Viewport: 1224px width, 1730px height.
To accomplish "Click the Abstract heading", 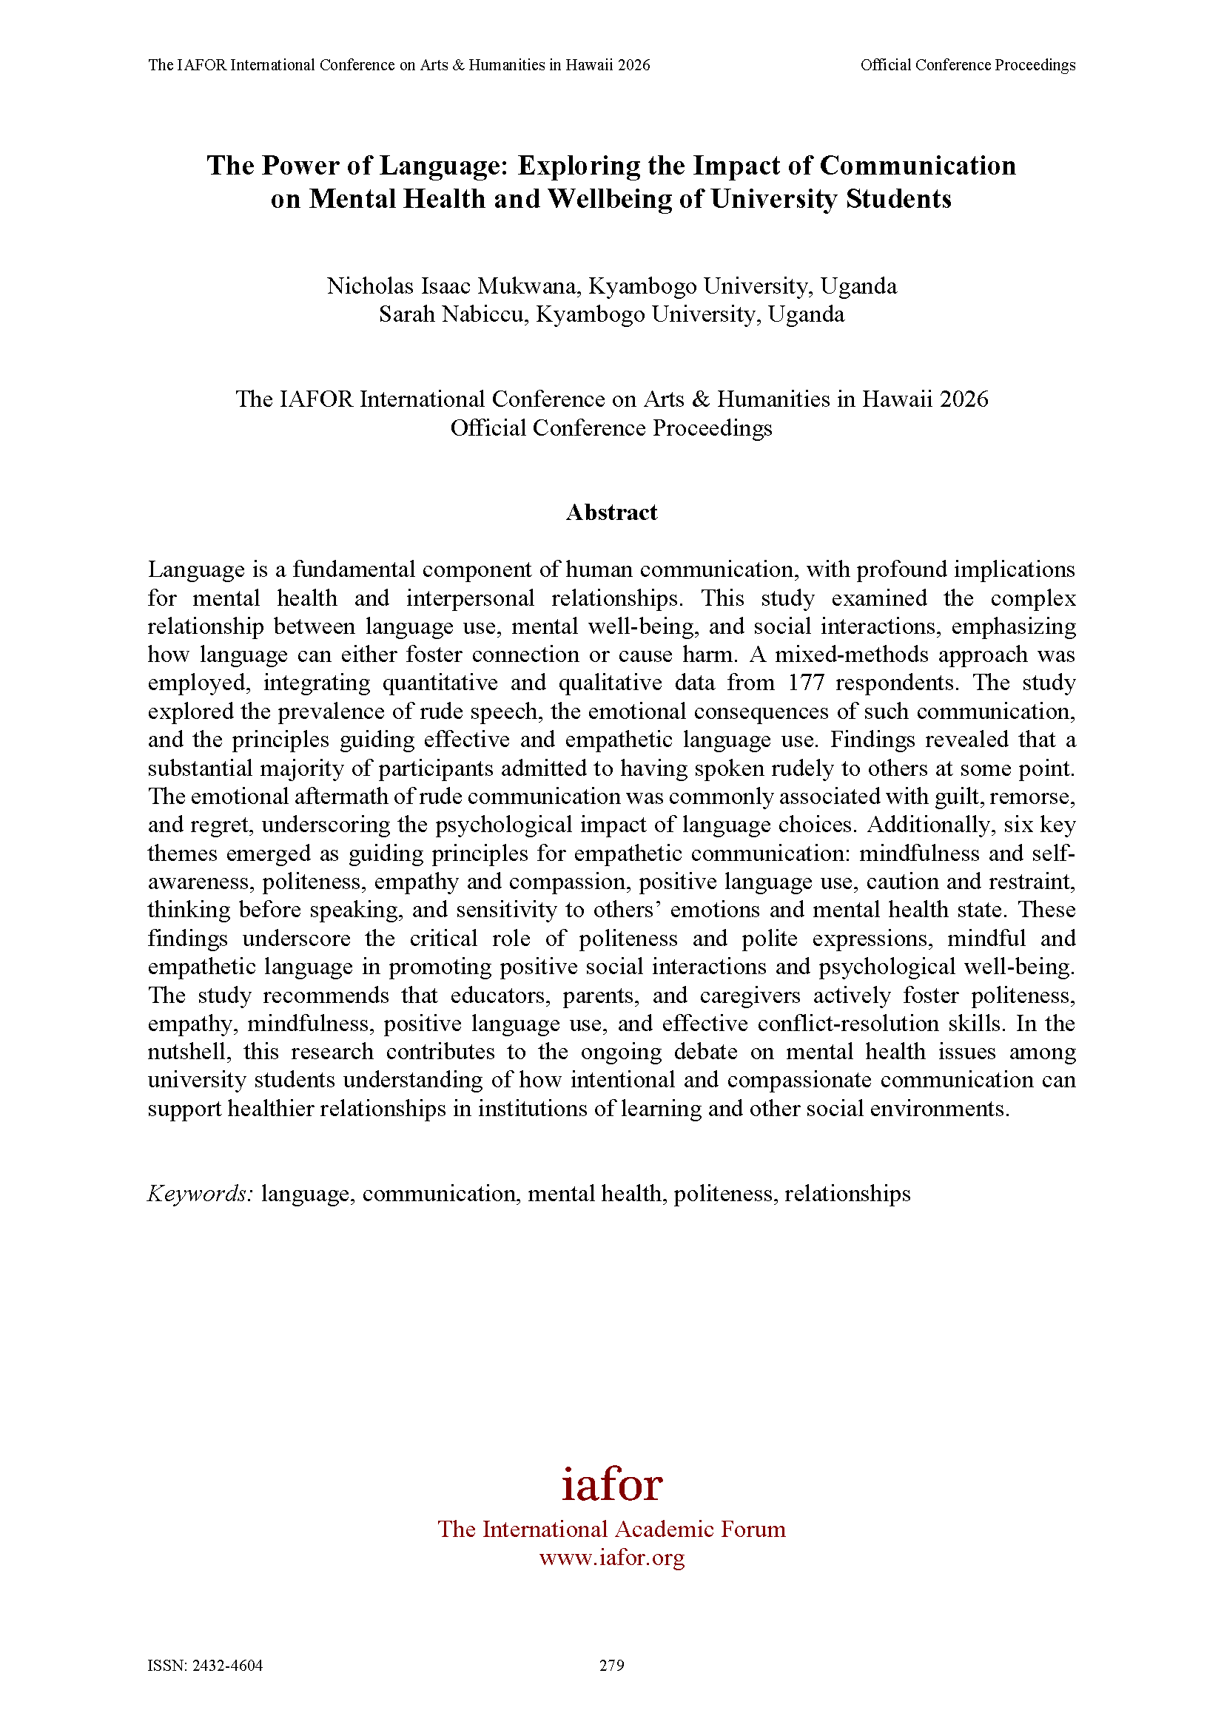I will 611,513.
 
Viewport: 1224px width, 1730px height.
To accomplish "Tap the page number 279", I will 611,1665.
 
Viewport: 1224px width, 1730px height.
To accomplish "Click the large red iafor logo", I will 611,1484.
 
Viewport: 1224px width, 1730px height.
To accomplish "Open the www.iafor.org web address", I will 611,1558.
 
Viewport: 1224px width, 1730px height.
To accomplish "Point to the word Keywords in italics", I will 200,1194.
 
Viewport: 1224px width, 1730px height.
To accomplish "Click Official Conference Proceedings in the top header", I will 968,66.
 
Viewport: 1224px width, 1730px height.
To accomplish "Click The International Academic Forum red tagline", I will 611,1529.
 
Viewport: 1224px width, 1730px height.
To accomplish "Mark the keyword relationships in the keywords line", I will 847,1194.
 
